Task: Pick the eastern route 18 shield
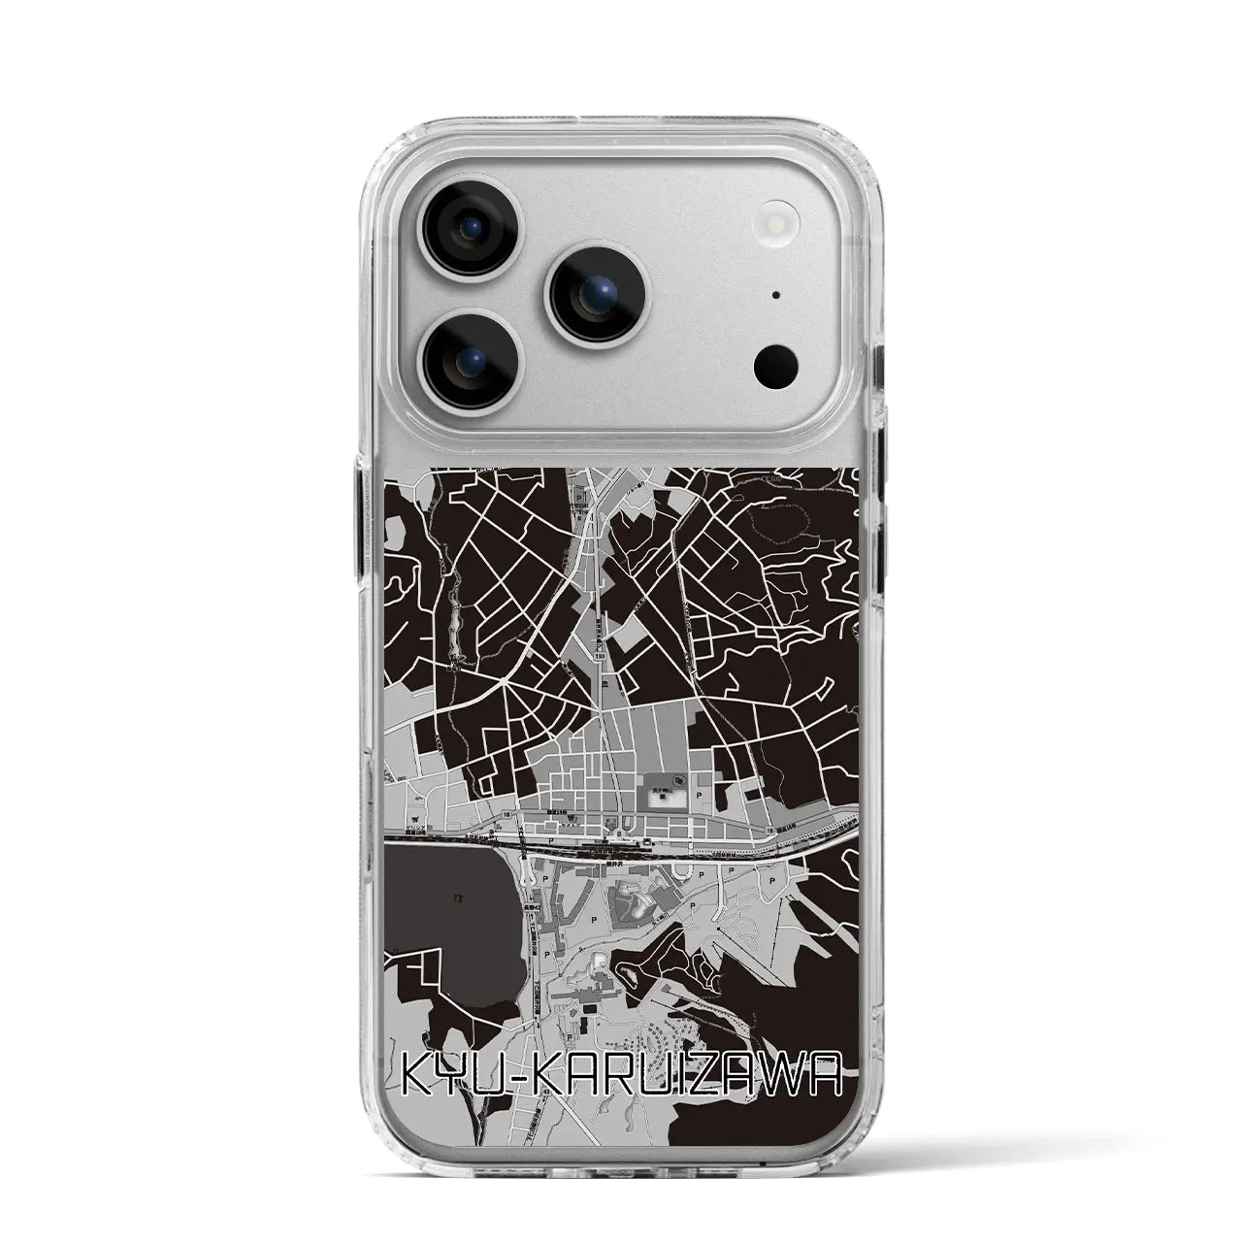tap(769, 831)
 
